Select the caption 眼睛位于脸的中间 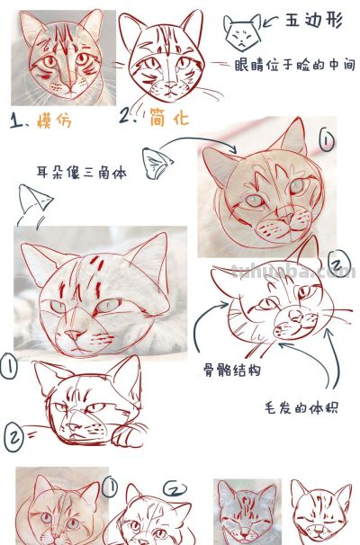(293, 65)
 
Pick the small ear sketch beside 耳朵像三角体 (158, 162)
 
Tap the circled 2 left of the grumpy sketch (15, 438)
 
